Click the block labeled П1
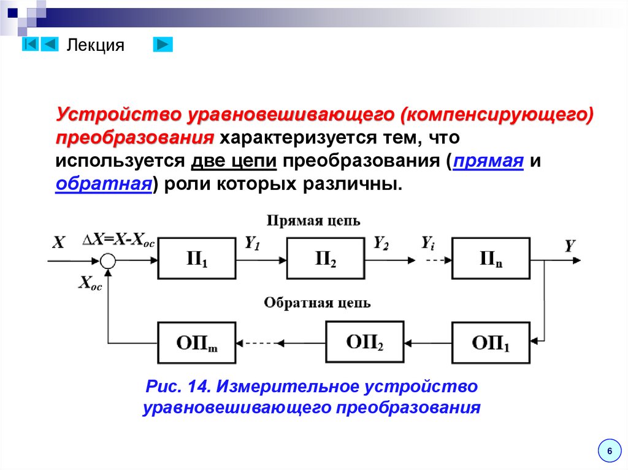[x=196, y=259]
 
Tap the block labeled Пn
[x=491, y=259]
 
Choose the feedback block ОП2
[x=365, y=342]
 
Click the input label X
[x=58, y=243]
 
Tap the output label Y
[x=570, y=246]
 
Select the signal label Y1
[x=253, y=243]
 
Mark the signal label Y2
[x=381, y=243]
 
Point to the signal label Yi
[x=427, y=243]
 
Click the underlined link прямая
[x=488, y=162]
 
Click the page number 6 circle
[x=609, y=451]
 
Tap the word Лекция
[x=95, y=45]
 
